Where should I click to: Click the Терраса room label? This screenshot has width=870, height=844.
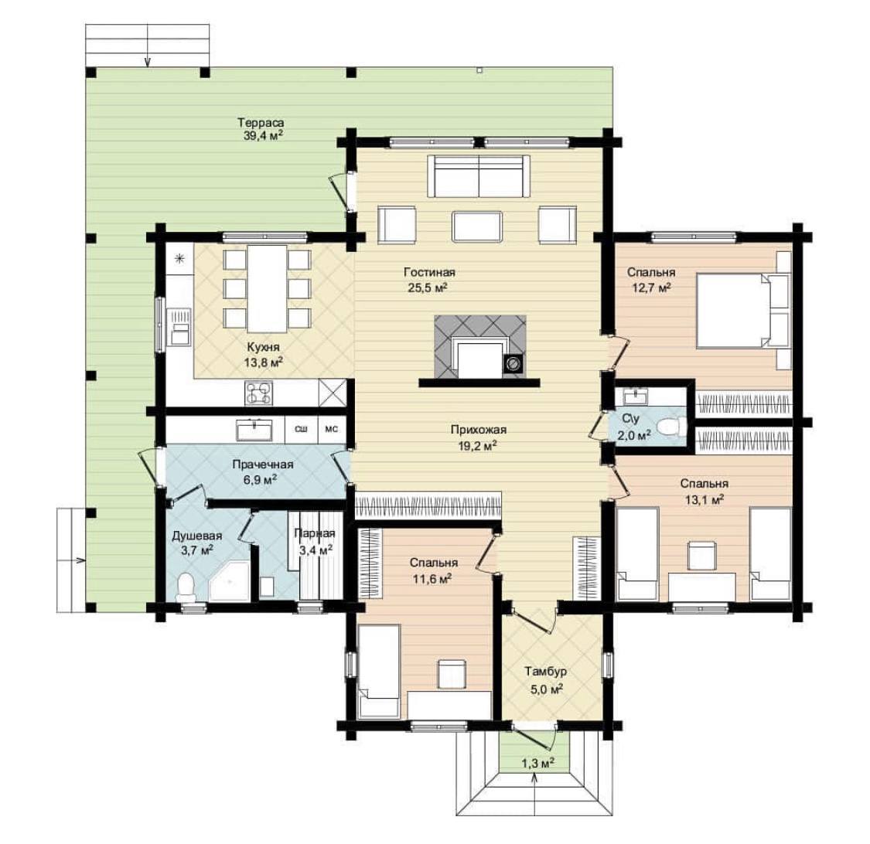click(261, 123)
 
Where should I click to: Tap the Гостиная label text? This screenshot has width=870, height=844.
click(429, 272)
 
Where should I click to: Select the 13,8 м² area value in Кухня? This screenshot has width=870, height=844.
click(264, 362)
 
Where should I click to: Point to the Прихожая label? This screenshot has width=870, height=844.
click(478, 429)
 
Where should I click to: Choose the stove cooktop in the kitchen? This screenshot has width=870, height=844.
click(258, 393)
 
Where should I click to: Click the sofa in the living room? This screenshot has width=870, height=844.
click(478, 176)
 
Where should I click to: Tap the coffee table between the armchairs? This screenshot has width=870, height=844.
click(477, 226)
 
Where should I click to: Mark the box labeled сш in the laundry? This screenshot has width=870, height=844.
click(302, 429)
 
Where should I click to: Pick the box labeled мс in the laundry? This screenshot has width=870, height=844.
click(331, 429)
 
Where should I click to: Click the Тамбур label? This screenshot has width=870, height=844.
click(546, 672)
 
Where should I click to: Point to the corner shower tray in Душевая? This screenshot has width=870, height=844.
click(229, 580)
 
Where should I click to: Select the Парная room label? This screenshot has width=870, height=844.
click(315, 533)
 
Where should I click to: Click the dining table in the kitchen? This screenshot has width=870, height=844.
click(268, 288)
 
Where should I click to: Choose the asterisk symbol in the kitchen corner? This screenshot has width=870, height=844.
click(179, 258)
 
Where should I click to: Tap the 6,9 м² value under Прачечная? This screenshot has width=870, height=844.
click(260, 480)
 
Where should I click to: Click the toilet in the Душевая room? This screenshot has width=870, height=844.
click(186, 587)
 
